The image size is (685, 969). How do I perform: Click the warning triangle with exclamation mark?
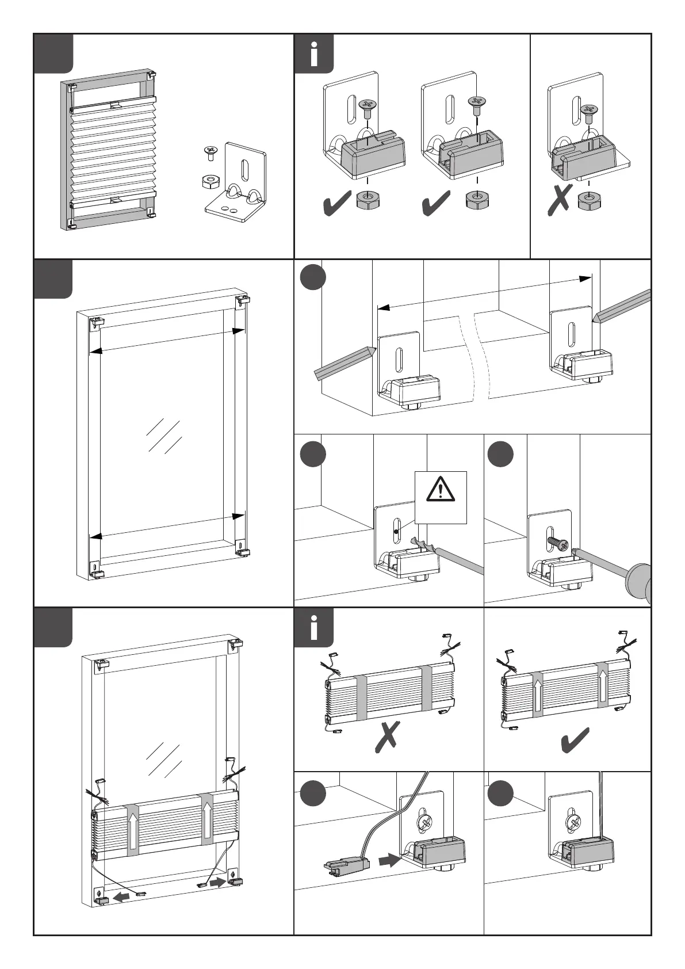[x=441, y=490]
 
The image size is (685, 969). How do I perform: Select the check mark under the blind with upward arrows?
[x=576, y=740]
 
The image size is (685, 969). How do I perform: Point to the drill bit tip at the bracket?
[x=415, y=541]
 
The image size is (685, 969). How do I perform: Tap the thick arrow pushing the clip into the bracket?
[x=389, y=861]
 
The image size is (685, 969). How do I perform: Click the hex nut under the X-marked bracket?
[x=587, y=201]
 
